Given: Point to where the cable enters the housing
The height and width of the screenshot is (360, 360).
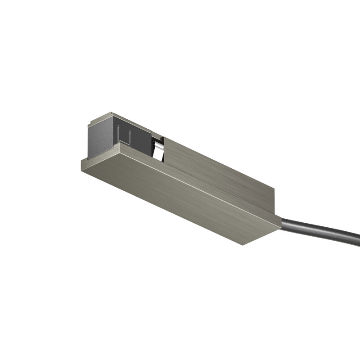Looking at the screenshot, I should [283, 222].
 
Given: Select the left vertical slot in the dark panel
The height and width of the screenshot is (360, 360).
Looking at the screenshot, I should [118, 134].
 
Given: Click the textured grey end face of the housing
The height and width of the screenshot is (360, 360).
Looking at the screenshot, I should [100, 137].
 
